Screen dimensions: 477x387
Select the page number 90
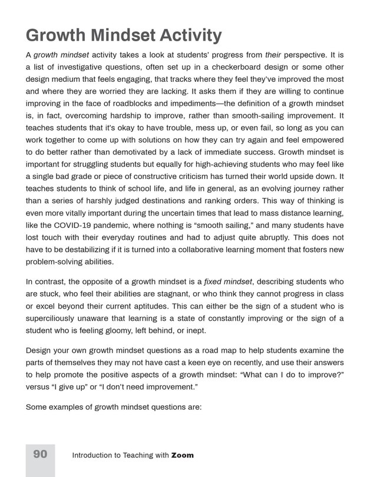click(40, 454)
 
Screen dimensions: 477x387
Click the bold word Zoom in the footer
click(183, 455)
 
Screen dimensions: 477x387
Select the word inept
click(196, 331)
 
